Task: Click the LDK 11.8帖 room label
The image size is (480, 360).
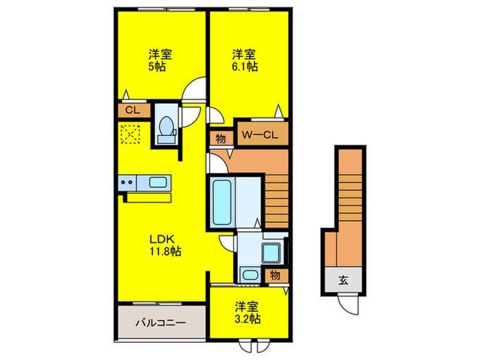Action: tap(165, 245)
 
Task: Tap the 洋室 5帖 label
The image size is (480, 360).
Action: tap(160, 60)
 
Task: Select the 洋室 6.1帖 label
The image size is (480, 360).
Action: tap(244, 60)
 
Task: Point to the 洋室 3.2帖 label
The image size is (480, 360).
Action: tap(248, 313)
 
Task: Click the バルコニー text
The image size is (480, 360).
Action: tap(160, 323)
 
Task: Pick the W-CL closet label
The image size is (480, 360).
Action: tap(260, 134)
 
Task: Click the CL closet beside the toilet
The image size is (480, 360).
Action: tap(132, 110)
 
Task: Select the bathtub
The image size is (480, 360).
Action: tap(222, 202)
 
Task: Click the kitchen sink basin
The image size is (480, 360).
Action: tap(158, 182)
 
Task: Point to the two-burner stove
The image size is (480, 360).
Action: tap(127, 182)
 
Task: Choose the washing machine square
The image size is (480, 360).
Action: tap(272, 253)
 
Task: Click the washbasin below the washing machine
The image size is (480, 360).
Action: tap(250, 275)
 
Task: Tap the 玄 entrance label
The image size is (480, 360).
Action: tap(343, 280)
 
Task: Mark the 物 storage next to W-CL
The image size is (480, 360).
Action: tap(220, 139)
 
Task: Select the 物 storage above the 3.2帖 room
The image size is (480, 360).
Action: tap(275, 276)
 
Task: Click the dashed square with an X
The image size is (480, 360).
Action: tap(130, 134)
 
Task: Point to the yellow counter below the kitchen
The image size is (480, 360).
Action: tap(149, 197)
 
